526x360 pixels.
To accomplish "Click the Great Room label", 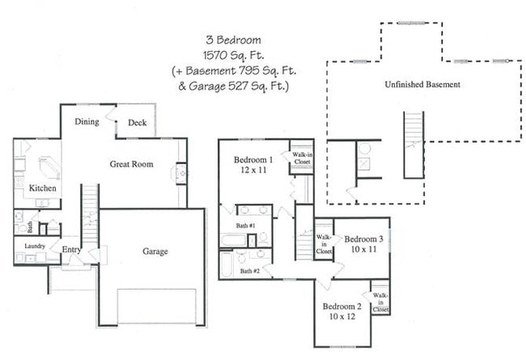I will (131, 164).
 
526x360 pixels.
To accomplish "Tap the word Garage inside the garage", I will (155, 252).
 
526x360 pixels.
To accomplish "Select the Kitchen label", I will (42, 188).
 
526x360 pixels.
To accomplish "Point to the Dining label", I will (87, 121).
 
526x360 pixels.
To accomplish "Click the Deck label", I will (138, 123).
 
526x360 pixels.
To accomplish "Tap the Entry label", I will (71, 250).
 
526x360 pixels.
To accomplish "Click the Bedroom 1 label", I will (253, 159).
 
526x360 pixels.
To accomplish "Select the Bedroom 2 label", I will (341, 307).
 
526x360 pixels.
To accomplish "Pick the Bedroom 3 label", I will (363, 239).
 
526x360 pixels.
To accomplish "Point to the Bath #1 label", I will (246, 225).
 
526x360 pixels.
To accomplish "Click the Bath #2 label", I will (250, 270).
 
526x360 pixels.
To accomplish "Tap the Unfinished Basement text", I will (422, 84).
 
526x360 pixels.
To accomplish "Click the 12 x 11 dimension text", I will (253, 172).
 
